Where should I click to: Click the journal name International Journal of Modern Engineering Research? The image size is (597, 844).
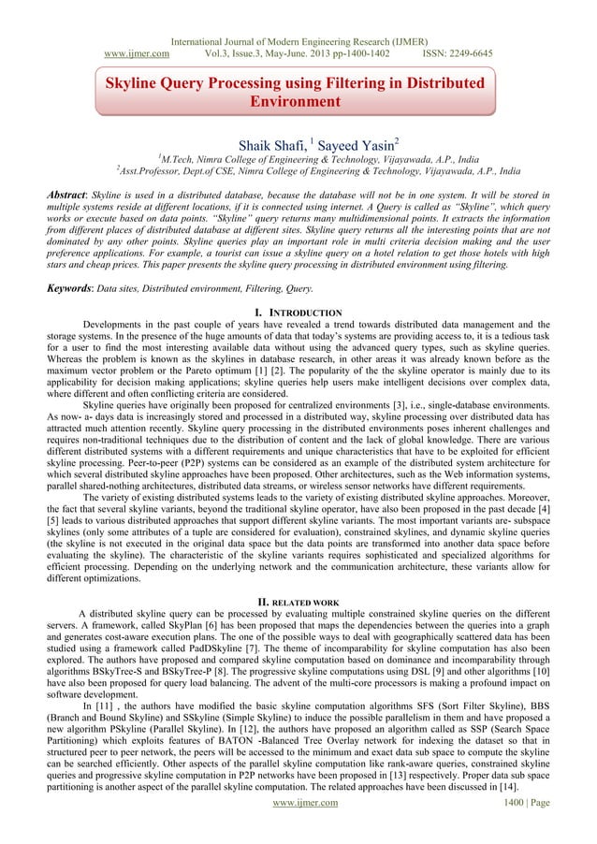[x=298, y=14]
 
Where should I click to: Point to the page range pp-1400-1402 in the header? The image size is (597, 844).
[x=353, y=28]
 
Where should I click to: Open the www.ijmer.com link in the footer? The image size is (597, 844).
[x=298, y=828]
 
